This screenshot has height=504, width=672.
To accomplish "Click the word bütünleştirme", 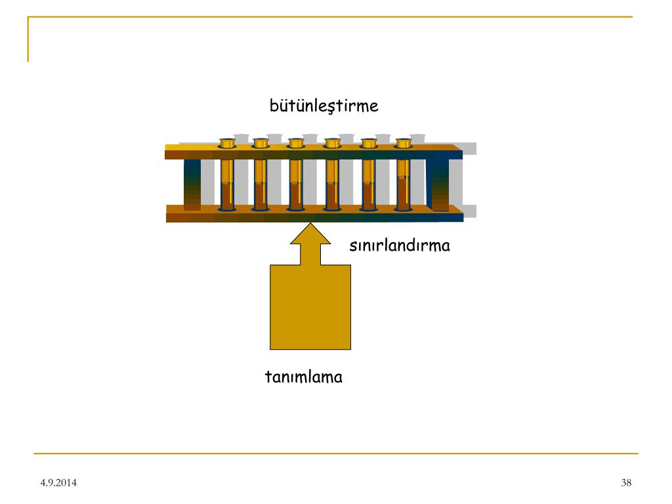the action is pos(324,106).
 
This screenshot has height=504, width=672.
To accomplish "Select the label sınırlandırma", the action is pos(399,246).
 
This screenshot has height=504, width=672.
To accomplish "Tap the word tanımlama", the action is pos(303,377).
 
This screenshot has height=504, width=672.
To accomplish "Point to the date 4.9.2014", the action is pos(58,484).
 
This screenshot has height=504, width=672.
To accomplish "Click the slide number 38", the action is pos(625,484).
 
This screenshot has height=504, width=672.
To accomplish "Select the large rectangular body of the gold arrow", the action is pos(310,306).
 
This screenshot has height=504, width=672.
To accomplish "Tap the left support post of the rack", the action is pos(192,184).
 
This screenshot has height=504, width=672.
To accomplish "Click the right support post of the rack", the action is pos(440,184).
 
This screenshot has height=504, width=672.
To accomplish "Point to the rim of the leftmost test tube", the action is pos(227,142).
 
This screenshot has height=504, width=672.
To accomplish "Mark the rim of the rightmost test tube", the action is pos(403,142).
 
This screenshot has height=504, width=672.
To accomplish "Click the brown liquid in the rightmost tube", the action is pos(403,194).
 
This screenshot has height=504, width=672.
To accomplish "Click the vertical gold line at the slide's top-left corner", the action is pos(28,39).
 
